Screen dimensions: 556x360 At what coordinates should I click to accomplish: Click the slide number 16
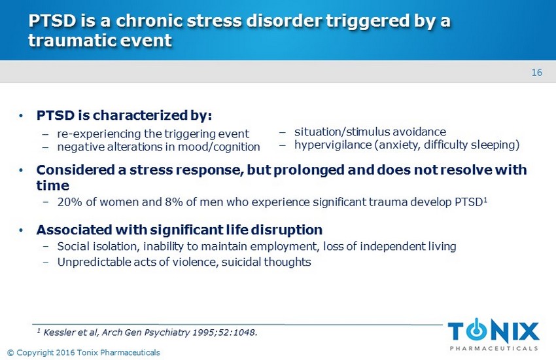point(536,73)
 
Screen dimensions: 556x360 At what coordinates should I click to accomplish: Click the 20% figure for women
point(70,202)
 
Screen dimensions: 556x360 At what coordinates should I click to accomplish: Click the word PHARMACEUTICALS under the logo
point(494,349)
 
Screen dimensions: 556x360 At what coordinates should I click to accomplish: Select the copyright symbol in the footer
point(10,353)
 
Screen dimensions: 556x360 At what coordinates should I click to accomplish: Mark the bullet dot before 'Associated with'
point(21,230)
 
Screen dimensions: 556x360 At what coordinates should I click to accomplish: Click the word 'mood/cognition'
point(218,147)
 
